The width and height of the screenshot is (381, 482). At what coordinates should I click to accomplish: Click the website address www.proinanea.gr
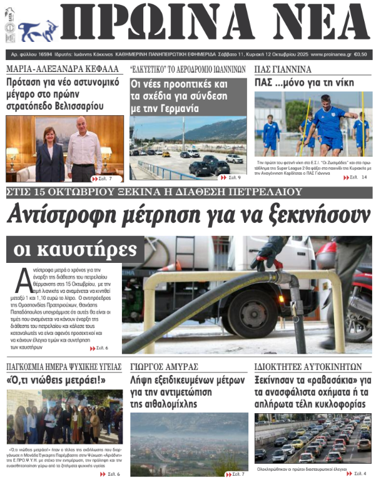(330, 54)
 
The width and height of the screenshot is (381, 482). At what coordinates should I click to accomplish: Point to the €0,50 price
(361, 54)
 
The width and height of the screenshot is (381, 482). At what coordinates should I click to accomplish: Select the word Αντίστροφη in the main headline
(61, 215)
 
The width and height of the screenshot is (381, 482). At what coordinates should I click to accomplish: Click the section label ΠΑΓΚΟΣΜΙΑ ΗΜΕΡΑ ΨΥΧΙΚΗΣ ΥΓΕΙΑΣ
(64, 367)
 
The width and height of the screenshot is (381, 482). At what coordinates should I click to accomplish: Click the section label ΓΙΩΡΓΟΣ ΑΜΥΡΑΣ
(165, 367)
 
